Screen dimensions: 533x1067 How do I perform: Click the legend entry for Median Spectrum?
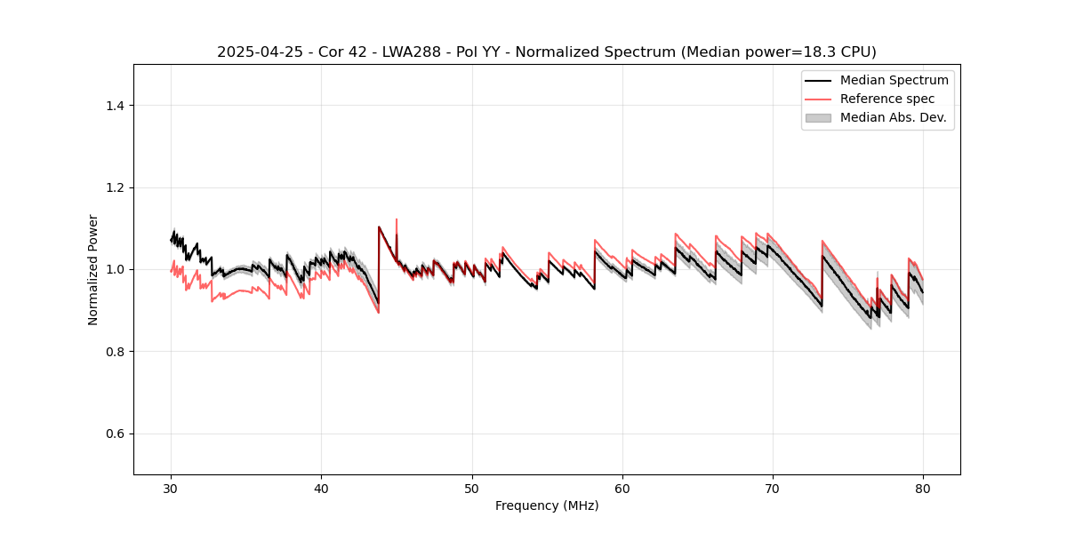click(894, 80)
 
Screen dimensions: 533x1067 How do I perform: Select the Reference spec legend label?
click(886, 99)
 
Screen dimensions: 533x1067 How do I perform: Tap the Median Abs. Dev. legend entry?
click(893, 117)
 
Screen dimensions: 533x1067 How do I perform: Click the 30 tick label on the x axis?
click(171, 488)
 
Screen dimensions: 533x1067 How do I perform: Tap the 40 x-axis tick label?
click(321, 488)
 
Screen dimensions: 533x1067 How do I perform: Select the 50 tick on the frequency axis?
click(472, 488)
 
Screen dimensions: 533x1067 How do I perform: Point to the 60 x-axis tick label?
click(622, 488)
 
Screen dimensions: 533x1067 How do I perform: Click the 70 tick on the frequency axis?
click(773, 488)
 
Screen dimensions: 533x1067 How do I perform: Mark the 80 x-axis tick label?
click(923, 488)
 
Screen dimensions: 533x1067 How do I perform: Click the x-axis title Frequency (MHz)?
click(547, 505)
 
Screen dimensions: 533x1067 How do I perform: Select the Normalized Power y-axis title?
click(93, 269)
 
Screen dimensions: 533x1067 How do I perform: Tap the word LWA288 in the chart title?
click(396, 52)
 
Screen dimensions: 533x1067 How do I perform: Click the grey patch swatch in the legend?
click(818, 117)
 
